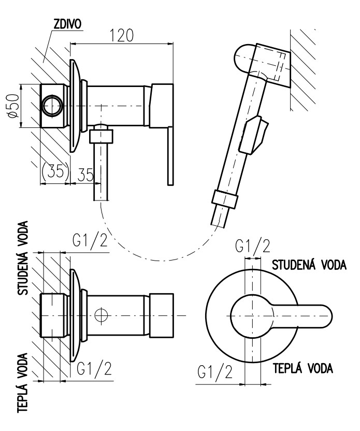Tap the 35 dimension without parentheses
coord(85,175)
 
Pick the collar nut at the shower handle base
coord(225,199)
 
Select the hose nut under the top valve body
coord(101,136)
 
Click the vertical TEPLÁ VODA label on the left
coord(23,382)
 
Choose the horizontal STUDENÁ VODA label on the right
coord(310,265)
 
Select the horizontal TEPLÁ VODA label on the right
coord(303,368)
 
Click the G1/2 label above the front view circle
coord(252,246)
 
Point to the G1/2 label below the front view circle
coord(214,372)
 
